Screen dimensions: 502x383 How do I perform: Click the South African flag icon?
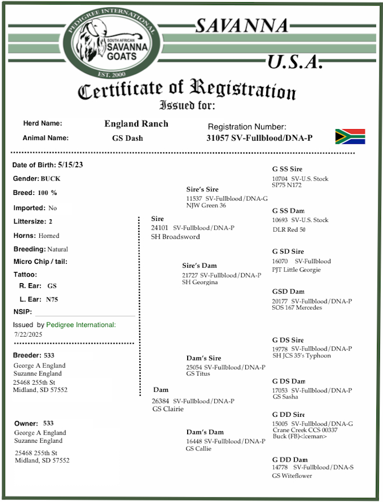(x=350, y=137)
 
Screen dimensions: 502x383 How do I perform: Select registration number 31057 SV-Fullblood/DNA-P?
(x=259, y=138)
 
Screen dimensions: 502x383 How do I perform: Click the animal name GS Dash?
(x=127, y=138)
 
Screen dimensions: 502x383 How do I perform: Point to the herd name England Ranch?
(x=136, y=123)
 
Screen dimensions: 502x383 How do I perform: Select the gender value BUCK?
(x=51, y=179)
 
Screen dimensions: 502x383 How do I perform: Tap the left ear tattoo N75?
(x=52, y=299)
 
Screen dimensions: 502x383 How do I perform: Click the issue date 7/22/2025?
(x=29, y=334)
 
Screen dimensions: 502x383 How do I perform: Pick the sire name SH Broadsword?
(x=175, y=237)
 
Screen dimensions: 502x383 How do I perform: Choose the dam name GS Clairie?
(x=168, y=409)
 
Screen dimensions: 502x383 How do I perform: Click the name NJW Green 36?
(x=206, y=206)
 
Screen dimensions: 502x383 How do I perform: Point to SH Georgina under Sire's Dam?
(x=200, y=282)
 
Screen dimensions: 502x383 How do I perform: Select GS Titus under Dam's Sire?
(x=198, y=373)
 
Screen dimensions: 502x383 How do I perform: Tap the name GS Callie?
(x=198, y=448)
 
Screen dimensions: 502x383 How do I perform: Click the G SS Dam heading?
(x=288, y=211)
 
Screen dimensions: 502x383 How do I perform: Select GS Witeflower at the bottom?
(x=292, y=475)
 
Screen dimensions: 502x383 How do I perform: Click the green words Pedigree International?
(x=81, y=324)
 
